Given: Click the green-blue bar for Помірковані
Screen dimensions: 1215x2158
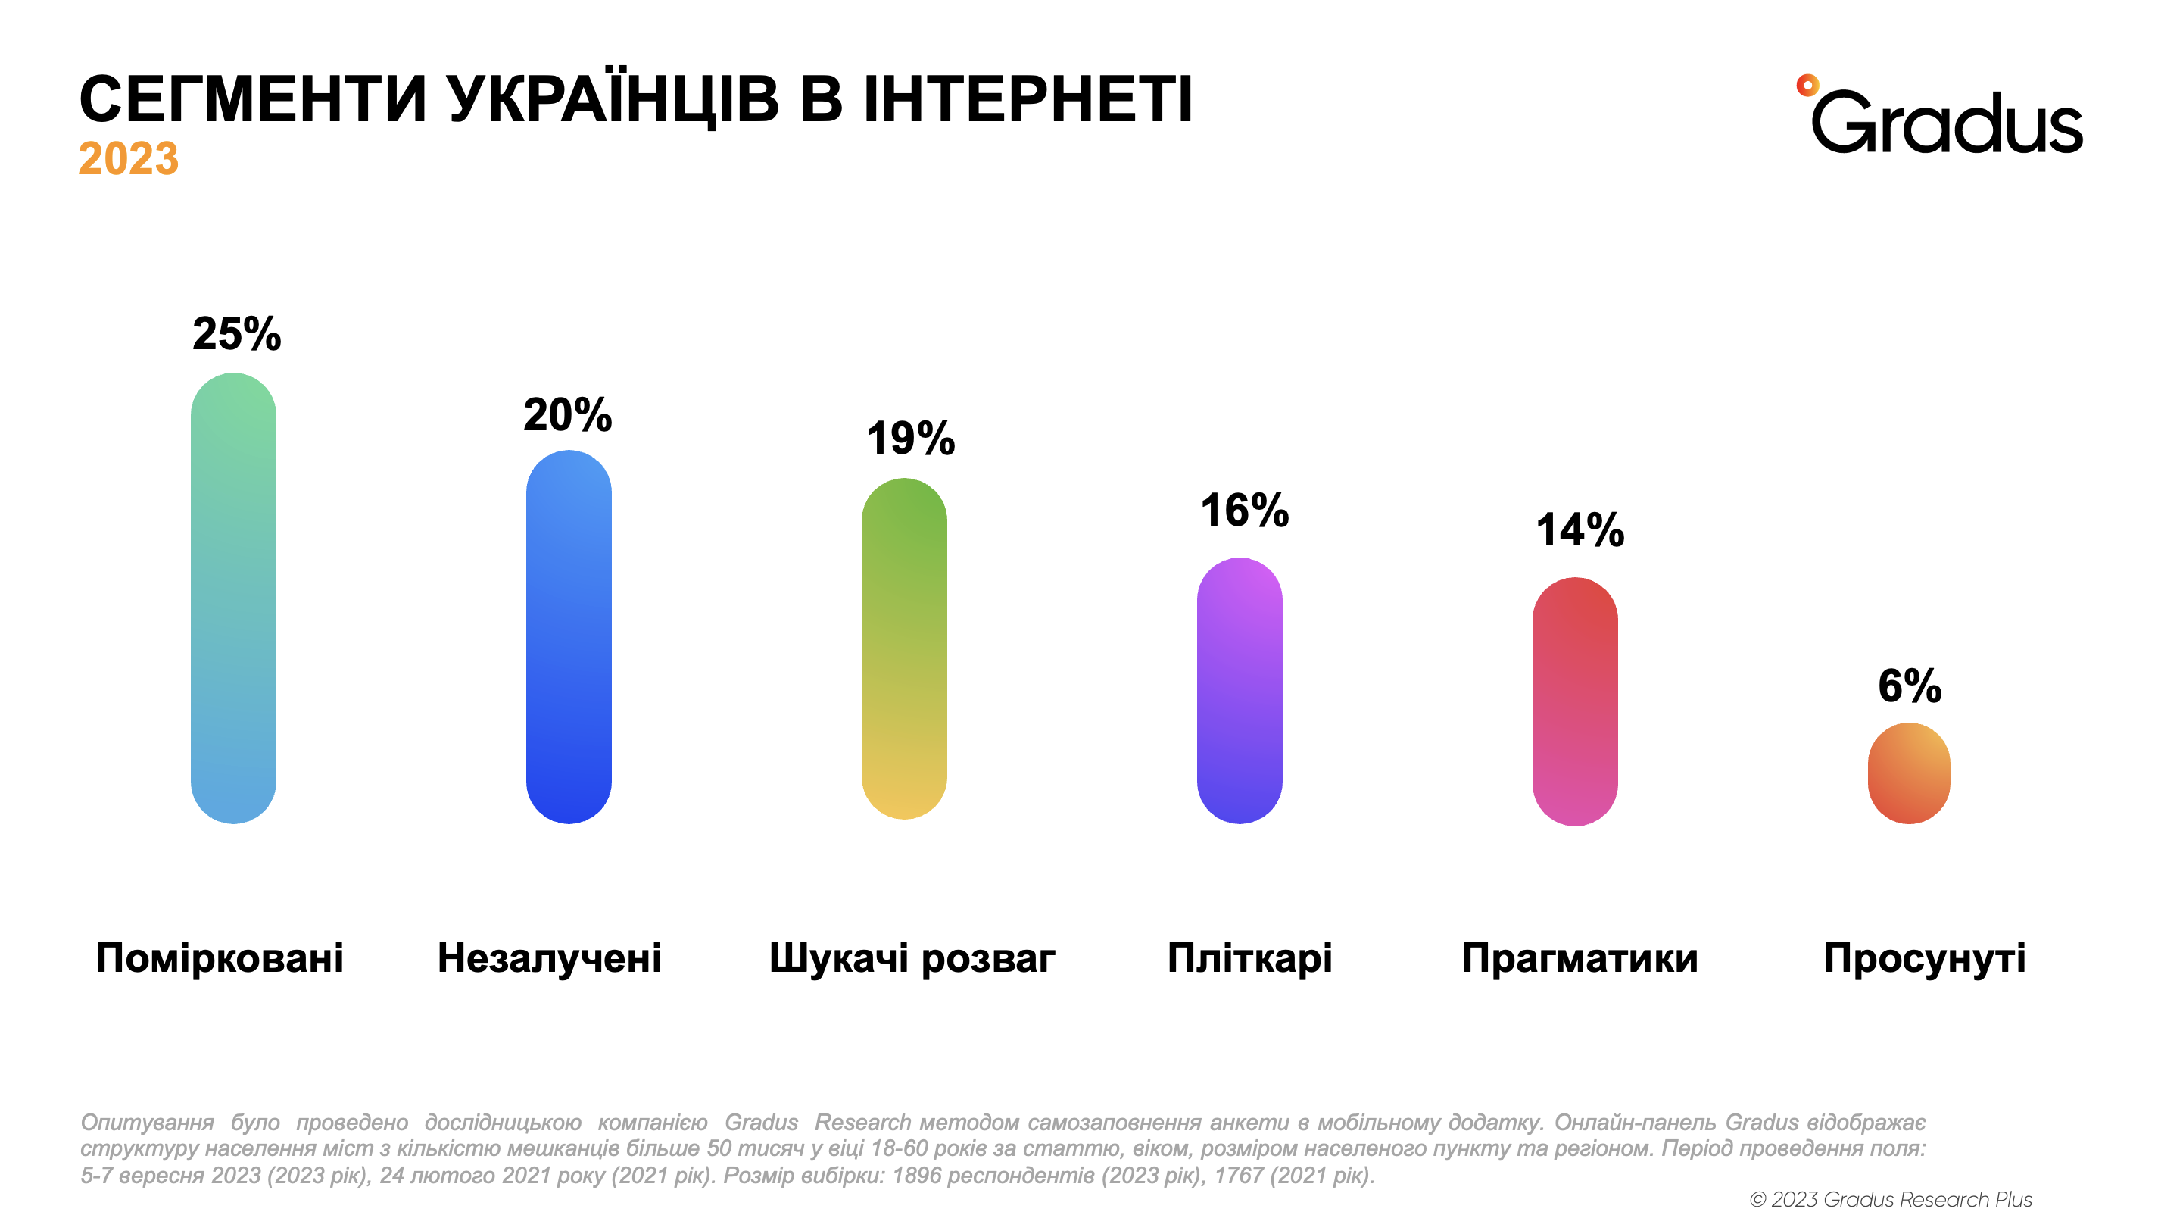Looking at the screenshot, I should point(234,598).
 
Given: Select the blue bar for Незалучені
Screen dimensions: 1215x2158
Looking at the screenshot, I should point(569,637).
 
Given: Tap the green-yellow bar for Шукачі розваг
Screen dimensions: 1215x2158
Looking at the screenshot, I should point(904,648).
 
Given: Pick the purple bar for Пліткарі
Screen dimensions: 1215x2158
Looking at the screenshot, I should point(1239,691).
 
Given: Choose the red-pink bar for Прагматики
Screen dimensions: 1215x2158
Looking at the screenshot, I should point(1575,701).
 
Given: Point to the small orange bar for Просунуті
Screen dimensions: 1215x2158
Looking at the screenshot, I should point(1909,773).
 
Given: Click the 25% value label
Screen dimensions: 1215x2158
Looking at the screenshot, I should point(237,334).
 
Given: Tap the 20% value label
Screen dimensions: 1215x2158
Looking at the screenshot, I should point(568,415).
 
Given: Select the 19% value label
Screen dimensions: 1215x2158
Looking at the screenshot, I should point(911,439).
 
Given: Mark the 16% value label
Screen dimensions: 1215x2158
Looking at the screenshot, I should point(1245,511).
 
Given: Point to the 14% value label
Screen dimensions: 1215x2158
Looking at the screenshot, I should point(1580,530).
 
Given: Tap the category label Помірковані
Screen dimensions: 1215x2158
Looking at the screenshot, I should point(220,957).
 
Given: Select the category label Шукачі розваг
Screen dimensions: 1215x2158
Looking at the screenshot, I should point(912,957).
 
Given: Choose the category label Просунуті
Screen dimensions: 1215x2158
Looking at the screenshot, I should point(1925,957).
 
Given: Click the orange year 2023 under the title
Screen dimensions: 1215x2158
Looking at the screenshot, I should point(128,158).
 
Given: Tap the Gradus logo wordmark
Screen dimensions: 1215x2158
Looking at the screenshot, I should point(1947,124).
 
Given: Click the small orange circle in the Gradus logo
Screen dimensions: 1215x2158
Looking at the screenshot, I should point(1807,85).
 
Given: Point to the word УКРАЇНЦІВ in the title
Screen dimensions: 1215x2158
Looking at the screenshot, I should point(613,100).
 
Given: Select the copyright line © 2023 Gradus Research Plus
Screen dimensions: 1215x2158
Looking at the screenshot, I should point(1891,1199).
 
